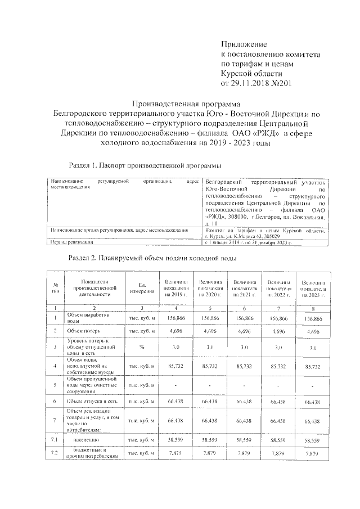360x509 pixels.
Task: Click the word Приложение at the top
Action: (x=244, y=44)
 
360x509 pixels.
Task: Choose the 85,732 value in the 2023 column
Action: (x=313, y=366)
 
